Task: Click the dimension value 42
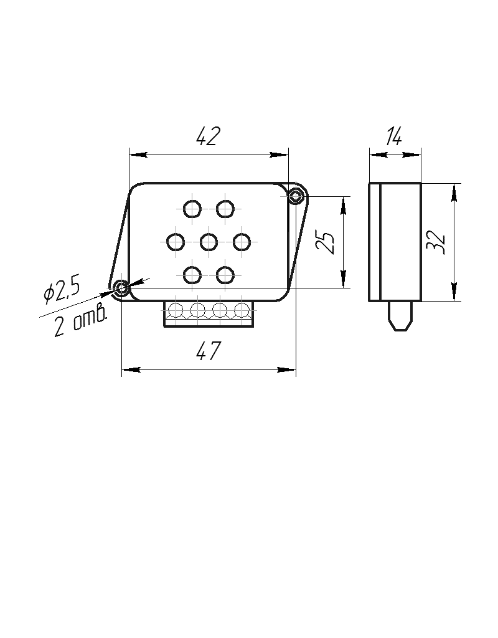pyautogui.click(x=208, y=136)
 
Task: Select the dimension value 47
pyautogui.click(x=209, y=351)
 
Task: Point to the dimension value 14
pyautogui.click(x=394, y=136)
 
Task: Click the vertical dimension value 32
pyautogui.click(x=436, y=242)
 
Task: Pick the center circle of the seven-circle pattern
pyautogui.click(x=209, y=242)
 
